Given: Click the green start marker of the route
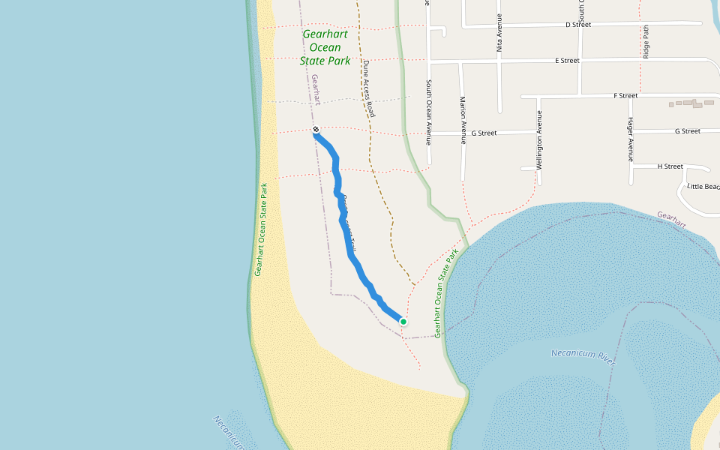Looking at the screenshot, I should pos(403,322).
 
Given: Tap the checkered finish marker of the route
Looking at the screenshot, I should pos(316,130).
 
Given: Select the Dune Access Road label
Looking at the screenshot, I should pos(368,88).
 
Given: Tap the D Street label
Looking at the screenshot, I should pos(577,25).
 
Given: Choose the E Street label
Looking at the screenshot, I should pos(567,60).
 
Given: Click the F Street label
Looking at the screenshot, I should pos(625,96).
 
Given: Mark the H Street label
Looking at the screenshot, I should pos(670,166).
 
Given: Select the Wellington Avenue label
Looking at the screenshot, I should pos(539,140).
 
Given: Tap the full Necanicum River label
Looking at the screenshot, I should pos(583,357).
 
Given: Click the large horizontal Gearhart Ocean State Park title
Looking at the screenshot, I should pos(325,47).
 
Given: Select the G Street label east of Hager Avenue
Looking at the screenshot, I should pos(687,131).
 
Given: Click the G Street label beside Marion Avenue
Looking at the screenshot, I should pos(484,133).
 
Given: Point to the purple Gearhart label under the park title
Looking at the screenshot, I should pos(316,89).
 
